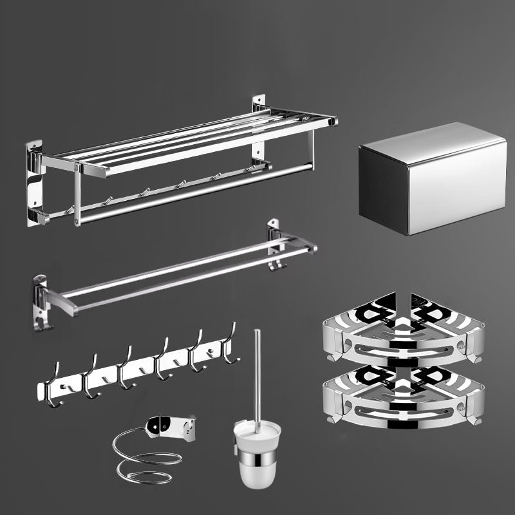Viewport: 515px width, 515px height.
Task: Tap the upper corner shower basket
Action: (402, 332)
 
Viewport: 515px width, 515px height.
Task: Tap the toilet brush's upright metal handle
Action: (257, 373)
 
